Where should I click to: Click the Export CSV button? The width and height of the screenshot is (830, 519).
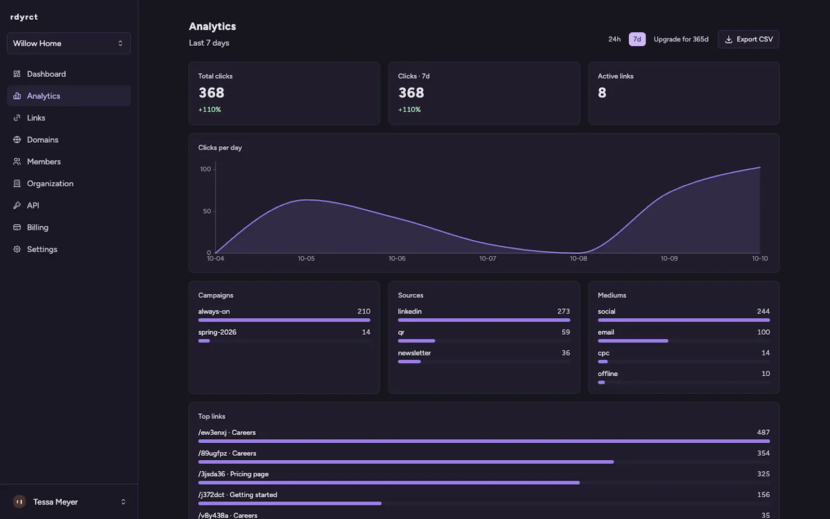coord(749,39)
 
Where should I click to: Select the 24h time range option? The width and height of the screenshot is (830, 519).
coord(614,39)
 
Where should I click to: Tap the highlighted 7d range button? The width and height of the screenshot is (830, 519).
coord(637,39)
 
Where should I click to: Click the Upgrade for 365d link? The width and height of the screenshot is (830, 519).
coord(681,39)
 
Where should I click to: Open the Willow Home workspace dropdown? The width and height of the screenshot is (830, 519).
coord(69,44)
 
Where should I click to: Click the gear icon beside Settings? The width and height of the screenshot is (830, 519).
coord(17,249)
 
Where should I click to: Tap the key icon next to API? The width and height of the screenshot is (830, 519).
coord(17,206)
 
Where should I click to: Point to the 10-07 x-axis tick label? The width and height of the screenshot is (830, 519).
coord(488,258)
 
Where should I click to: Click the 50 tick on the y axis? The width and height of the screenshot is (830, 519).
coord(207,211)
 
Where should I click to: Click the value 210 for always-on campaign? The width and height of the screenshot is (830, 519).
coord(364,311)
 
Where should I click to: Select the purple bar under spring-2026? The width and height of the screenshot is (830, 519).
coord(204,340)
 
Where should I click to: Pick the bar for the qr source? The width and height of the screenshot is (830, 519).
coord(417,340)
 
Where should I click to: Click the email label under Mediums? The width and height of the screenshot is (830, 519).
coord(606,332)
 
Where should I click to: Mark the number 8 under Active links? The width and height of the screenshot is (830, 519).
coord(602,93)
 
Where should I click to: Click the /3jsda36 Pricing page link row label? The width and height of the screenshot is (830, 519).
coord(233,474)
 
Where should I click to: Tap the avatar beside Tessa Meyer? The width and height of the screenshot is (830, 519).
coord(20,501)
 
